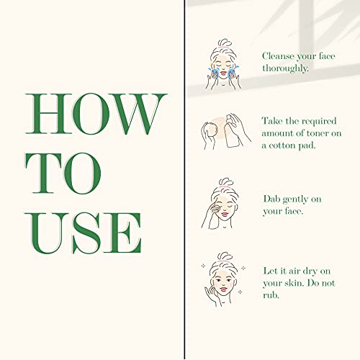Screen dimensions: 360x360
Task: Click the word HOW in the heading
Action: pyautogui.click(x=96, y=114)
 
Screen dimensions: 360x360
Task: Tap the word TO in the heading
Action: pyautogui.click(x=63, y=174)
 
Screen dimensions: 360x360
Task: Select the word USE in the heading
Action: pyautogui.click(x=84, y=233)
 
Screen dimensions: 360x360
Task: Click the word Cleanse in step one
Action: pyautogui.click(x=278, y=56)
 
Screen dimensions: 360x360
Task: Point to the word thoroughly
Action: pyautogui.click(x=285, y=68)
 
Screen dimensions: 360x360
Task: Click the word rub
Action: pyautogui.click(x=271, y=295)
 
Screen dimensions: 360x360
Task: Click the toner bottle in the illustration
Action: pyautogui.click(x=232, y=132)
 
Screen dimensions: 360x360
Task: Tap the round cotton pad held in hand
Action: pyautogui.click(x=211, y=130)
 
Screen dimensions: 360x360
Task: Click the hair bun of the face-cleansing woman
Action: pyautogui.click(x=225, y=42)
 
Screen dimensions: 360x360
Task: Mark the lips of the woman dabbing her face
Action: pyautogui.click(x=225, y=214)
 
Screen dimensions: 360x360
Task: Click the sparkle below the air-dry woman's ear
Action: pyautogui.click(x=240, y=292)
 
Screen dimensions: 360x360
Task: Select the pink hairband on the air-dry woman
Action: pyautogui.click(x=224, y=261)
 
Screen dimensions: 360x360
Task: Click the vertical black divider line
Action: pyautogui.click(x=184, y=180)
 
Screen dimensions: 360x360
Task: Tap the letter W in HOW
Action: pyautogui.click(x=139, y=114)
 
